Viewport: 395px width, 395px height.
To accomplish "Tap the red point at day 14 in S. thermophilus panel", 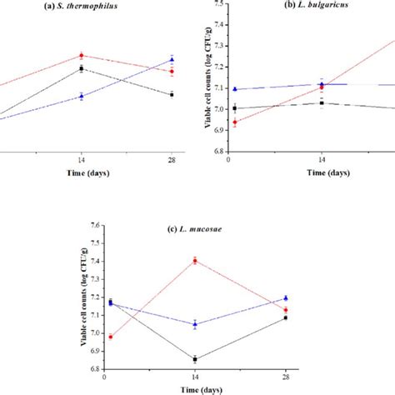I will [x=81, y=55].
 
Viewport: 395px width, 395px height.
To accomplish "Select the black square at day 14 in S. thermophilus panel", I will [x=81, y=68].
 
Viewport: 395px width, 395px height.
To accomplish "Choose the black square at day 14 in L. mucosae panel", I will [x=195, y=359].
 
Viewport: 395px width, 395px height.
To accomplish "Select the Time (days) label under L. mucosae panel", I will [x=197, y=389].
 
